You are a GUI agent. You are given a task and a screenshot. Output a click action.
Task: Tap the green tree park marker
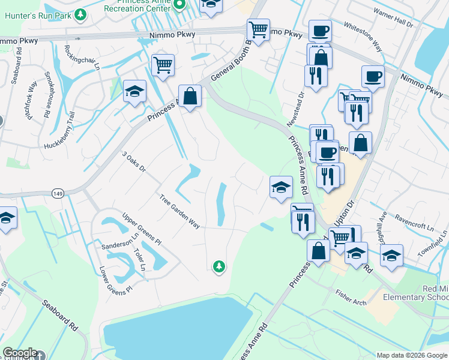click(219, 266)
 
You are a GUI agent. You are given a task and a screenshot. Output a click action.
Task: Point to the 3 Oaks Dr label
click(133, 162)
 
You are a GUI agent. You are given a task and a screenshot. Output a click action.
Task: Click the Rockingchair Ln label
click(82, 58)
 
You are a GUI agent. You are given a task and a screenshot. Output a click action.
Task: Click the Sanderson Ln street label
click(116, 245)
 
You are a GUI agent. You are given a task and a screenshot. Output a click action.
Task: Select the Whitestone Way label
click(363, 35)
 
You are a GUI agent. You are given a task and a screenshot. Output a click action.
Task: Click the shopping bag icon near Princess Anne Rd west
click(190, 96)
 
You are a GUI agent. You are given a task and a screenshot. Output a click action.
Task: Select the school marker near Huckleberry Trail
click(135, 91)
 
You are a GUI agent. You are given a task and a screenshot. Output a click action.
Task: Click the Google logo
click(20, 353)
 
